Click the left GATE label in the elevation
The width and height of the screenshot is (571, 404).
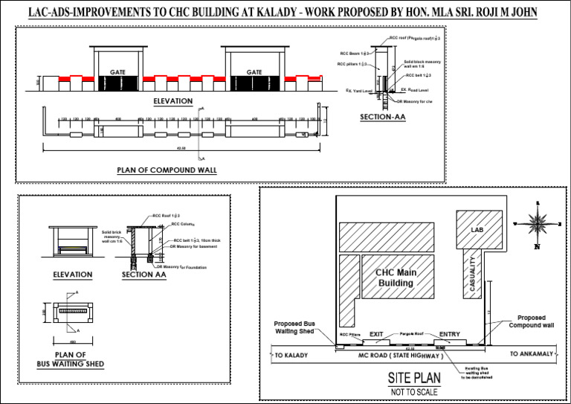point(117,72)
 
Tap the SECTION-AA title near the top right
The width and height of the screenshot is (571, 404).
point(382,118)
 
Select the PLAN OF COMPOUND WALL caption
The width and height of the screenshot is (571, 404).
point(167,170)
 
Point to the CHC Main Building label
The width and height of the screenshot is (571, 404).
point(396,278)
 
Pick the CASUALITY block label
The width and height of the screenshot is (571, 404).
point(472,276)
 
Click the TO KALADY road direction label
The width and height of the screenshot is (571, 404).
point(291,356)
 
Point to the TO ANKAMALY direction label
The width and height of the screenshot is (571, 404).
point(532,354)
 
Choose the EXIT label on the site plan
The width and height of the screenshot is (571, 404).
point(376,335)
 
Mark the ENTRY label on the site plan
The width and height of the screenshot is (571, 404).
point(450,334)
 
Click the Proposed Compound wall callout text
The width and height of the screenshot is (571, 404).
point(531,321)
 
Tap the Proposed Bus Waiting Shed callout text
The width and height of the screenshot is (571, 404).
point(296,327)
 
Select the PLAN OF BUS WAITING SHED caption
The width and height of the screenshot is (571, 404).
point(71,359)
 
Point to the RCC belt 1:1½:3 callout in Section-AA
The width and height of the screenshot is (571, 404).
point(420,75)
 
